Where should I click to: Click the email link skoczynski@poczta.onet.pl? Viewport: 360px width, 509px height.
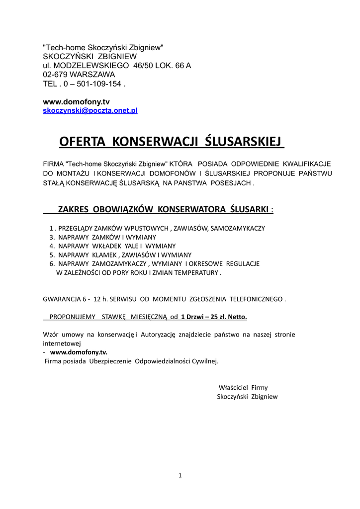[x=90, y=110]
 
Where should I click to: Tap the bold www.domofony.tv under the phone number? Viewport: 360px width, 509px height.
[x=76, y=101]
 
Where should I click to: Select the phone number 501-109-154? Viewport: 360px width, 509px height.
[x=98, y=84]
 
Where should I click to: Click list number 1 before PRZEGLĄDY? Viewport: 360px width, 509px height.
[x=51, y=228]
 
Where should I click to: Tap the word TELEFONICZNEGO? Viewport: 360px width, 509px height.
[x=254, y=299]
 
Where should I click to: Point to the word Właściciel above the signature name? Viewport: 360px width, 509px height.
[x=233, y=388]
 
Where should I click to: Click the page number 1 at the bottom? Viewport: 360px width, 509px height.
[x=180, y=476]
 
